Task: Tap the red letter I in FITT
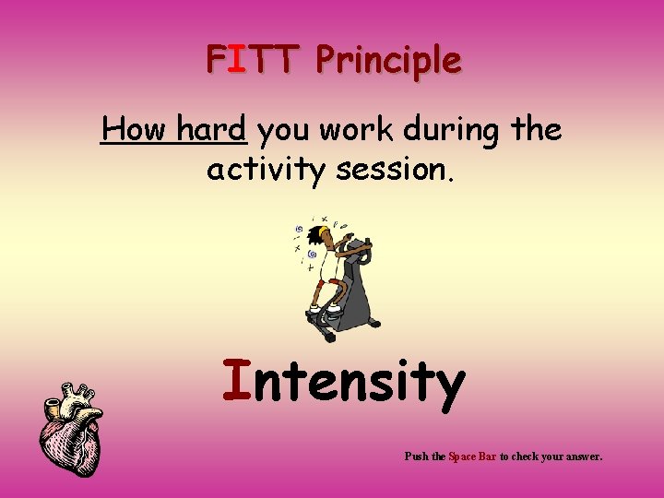click(237, 60)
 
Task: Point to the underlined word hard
click(212, 130)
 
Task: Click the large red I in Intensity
click(237, 382)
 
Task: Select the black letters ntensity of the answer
click(359, 385)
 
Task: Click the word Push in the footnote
click(416, 456)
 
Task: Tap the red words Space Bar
click(472, 456)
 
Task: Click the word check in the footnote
click(528, 456)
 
